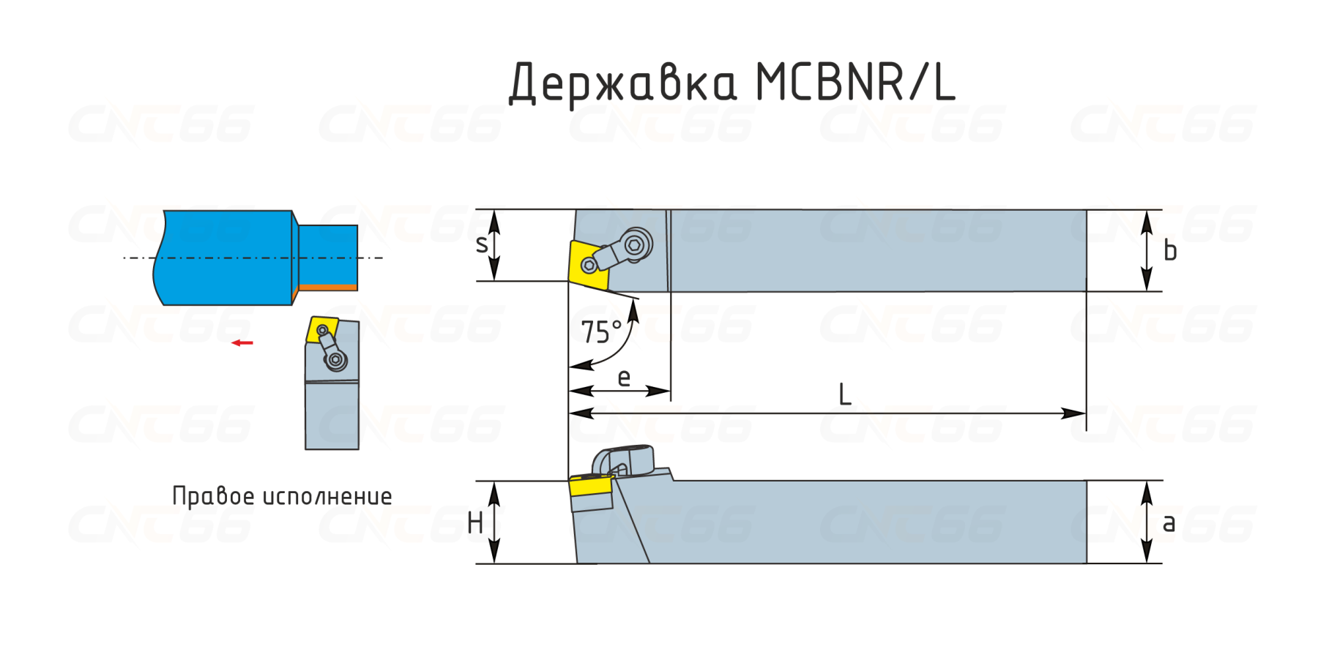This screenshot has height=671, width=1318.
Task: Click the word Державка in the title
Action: coord(622,82)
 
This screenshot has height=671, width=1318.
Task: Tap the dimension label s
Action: coord(481,244)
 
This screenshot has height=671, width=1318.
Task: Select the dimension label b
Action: coord(1170,251)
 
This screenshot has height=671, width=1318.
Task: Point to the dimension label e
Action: coord(624,378)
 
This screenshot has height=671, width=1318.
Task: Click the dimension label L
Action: coord(844,395)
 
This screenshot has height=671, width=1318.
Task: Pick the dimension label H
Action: coord(475,523)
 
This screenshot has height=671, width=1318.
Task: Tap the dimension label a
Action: coord(1169,522)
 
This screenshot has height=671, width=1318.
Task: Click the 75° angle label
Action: coord(601,332)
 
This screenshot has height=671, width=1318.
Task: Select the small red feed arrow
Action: coord(242,342)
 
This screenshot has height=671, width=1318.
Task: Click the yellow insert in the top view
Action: coord(587,264)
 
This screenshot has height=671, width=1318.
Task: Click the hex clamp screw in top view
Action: coord(635,245)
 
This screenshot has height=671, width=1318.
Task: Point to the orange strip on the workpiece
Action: coord(327,287)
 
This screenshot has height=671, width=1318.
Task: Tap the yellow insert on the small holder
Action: coord(321,329)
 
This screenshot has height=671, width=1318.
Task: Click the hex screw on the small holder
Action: coord(336,359)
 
